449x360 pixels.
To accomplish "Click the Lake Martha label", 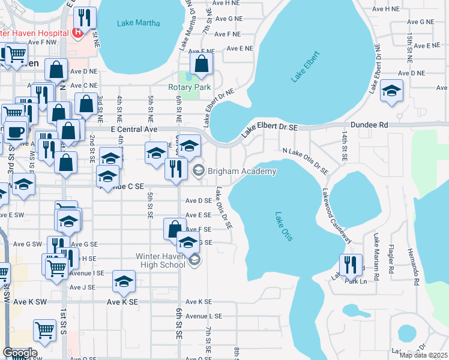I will tap(138, 23).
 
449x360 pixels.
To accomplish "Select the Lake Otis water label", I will tap(284, 227).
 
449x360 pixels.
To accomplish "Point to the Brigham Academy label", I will tap(242, 172).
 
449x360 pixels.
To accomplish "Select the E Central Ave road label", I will tap(133, 129).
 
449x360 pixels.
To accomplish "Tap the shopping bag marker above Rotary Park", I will tap(202, 64).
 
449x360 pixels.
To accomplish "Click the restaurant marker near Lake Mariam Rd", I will tap(350, 264).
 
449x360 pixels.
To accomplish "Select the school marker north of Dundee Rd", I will tap(391, 91).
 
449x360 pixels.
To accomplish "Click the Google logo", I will tap(19, 353).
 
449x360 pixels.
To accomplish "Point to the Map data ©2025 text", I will tap(423, 355).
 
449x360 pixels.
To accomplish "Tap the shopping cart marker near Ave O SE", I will tap(45, 330).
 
